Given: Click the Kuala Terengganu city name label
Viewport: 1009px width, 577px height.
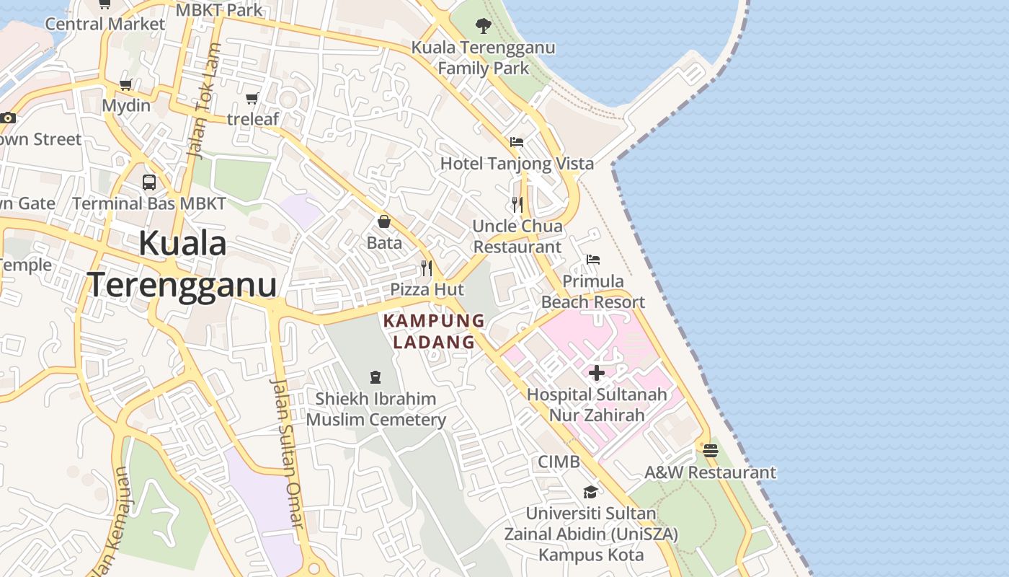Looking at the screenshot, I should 182,264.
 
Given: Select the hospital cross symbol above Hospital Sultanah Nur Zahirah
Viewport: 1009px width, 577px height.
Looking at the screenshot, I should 597,373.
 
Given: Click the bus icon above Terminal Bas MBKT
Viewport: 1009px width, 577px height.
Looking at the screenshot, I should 149,182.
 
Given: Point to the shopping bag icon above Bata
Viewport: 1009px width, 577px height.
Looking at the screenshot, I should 384,221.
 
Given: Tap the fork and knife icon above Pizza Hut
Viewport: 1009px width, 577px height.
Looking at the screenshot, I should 427,268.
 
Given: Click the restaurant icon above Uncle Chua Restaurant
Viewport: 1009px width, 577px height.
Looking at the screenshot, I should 517,204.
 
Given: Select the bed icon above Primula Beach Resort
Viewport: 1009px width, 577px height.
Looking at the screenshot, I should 593,260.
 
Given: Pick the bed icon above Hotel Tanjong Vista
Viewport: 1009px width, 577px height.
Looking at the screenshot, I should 517,142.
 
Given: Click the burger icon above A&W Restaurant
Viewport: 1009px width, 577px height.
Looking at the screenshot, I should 711,451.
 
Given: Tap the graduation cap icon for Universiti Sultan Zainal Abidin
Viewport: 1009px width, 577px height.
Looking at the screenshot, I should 590,492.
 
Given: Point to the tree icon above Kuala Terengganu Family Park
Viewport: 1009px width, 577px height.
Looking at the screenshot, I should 484,26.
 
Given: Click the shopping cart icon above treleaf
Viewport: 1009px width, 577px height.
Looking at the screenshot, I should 252,98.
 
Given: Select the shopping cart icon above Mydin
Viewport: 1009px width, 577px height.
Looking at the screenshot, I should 126,84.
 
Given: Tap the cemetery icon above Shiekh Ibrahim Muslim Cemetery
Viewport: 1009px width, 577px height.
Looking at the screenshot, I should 375,376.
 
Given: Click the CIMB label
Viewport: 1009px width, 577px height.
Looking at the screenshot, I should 559,462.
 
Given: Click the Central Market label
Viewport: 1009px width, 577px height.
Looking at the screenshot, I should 105,24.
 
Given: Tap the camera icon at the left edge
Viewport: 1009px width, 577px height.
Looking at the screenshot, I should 8,118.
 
